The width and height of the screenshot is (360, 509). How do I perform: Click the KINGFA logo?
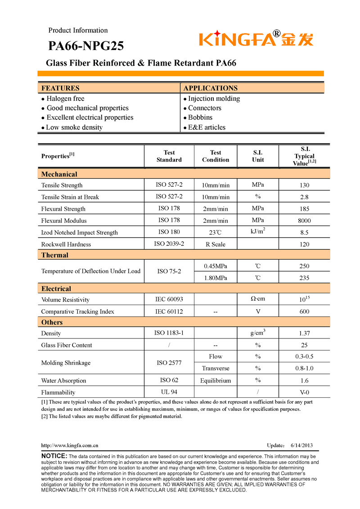click(256, 39)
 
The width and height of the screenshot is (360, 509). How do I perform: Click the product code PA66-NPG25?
click(86, 46)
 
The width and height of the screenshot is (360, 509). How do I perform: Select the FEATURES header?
click(60, 88)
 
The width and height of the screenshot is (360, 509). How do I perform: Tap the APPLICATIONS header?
click(210, 88)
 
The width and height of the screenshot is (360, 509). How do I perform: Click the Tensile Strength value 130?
click(304, 185)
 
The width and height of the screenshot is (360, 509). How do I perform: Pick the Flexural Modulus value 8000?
click(304, 221)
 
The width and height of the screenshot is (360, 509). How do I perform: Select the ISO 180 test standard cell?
click(169, 232)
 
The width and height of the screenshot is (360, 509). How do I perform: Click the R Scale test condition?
click(215, 244)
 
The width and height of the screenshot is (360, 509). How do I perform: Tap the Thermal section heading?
click(55, 255)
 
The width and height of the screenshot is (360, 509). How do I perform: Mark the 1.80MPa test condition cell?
click(215, 278)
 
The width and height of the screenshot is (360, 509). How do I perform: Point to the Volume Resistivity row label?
click(65, 300)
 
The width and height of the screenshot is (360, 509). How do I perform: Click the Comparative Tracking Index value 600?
click(304, 312)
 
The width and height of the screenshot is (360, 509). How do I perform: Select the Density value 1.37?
click(304, 333)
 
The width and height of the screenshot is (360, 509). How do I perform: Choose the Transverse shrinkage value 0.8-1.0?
click(304, 369)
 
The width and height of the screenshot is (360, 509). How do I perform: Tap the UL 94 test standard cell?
click(169, 392)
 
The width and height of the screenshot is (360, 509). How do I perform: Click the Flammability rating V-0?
click(304, 392)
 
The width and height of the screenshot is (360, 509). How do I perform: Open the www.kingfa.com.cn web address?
click(70, 446)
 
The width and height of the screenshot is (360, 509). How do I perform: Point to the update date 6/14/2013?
click(301, 446)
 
